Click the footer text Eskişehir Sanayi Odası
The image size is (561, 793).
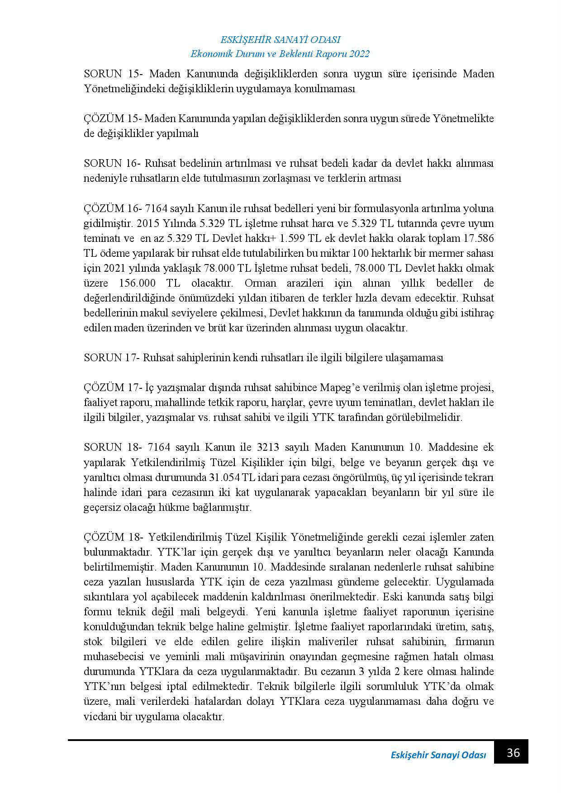[438, 755]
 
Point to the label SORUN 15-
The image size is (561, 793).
[113, 74]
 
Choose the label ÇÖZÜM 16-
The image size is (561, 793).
[114, 208]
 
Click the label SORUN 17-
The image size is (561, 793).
[113, 358]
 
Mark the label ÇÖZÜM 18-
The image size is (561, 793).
[114, 537]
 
